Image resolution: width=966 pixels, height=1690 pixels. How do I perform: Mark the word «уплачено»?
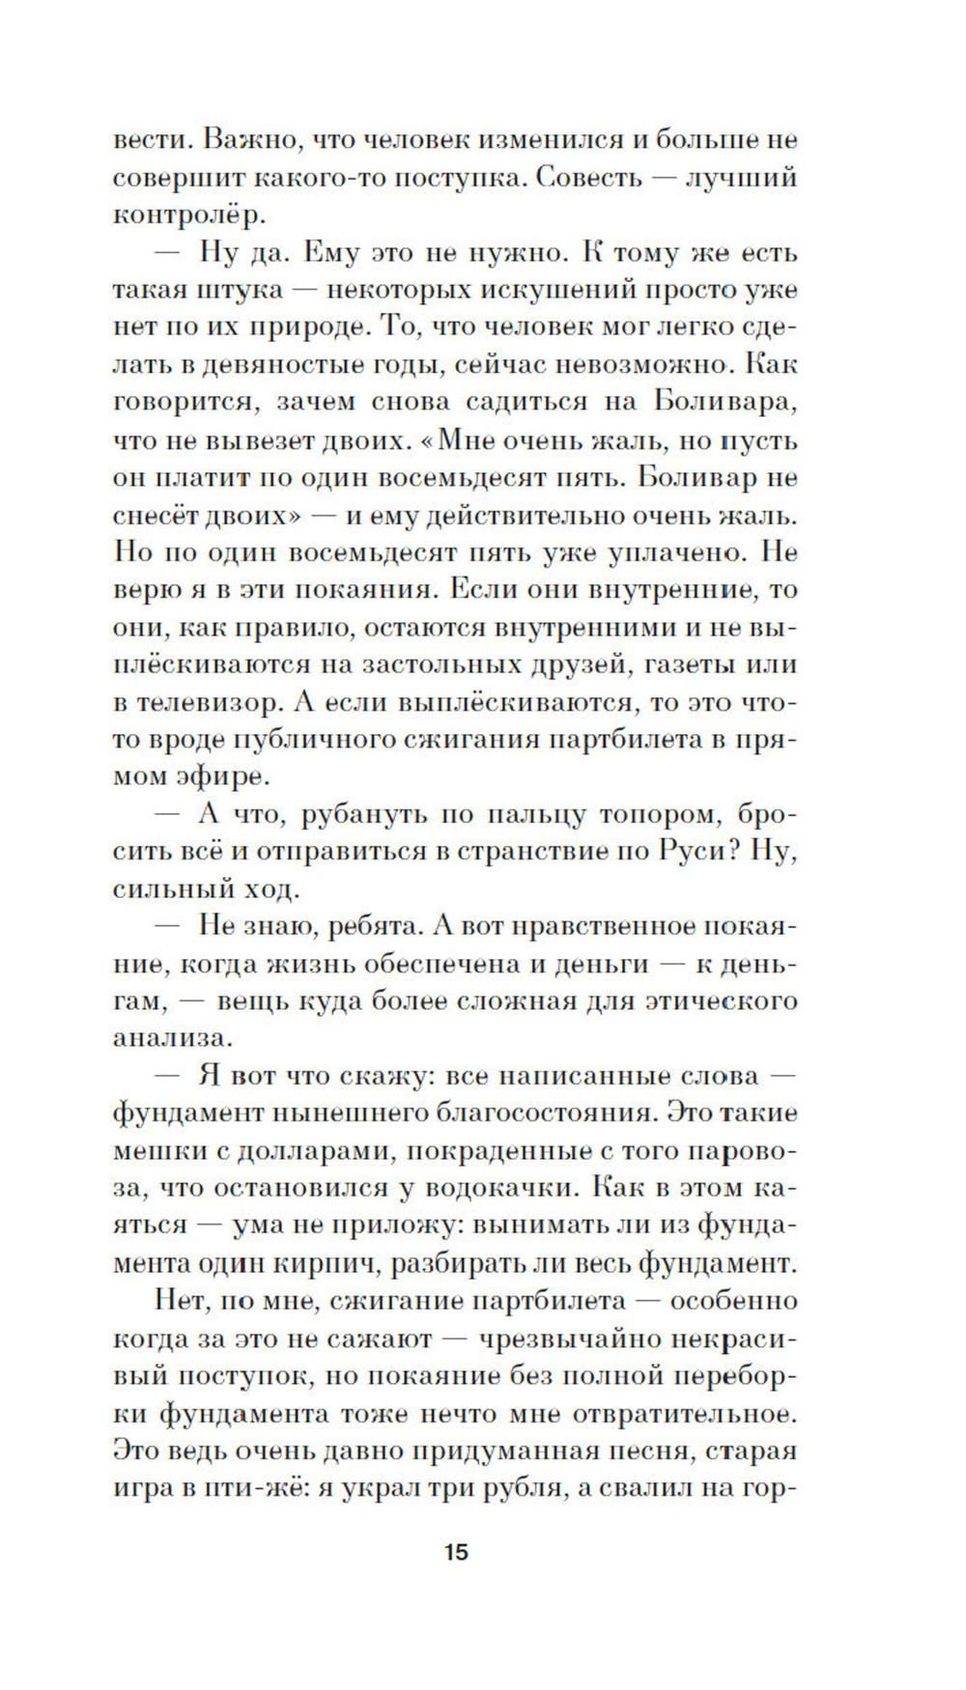tap(685, 552)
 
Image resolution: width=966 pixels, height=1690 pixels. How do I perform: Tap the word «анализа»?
tap(173, 1038)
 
